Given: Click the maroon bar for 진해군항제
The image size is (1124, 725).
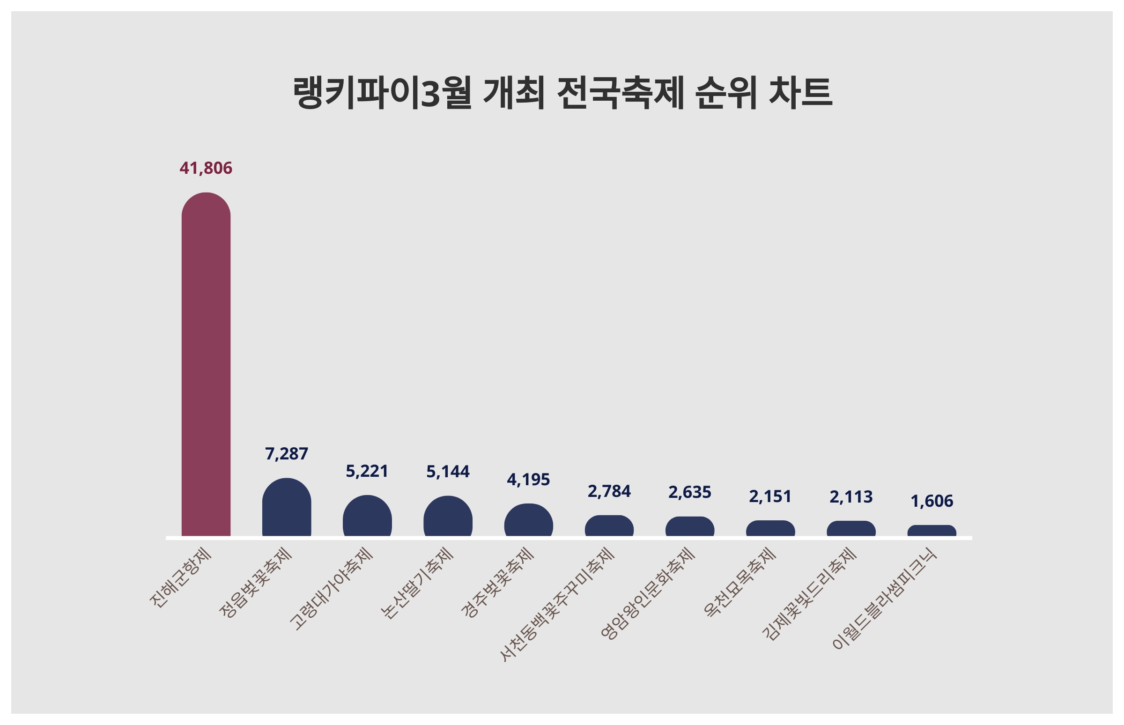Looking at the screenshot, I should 206,365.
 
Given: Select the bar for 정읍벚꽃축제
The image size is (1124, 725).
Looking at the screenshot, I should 286,509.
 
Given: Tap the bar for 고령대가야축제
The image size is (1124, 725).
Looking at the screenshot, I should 367,517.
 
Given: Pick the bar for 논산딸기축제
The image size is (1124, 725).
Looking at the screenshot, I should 448,518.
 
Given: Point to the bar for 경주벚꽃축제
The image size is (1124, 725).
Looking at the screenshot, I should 528,521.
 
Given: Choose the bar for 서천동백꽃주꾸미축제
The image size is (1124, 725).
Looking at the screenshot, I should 609,527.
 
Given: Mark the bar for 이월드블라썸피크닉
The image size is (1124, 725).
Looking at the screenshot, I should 932,532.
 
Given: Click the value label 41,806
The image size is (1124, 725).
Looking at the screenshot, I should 206,168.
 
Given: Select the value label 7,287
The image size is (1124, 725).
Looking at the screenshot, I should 286,454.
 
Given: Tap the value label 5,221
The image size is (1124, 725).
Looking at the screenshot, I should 367,471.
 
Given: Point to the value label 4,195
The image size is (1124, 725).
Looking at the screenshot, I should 528,480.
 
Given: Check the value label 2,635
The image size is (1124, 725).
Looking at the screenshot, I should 689,492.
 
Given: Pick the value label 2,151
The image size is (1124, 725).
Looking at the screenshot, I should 770,496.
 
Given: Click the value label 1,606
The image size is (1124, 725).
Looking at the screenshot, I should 932,502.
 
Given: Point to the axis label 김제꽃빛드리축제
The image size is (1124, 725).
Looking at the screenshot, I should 809,594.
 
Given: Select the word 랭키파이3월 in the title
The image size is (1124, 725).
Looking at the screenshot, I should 382,93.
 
